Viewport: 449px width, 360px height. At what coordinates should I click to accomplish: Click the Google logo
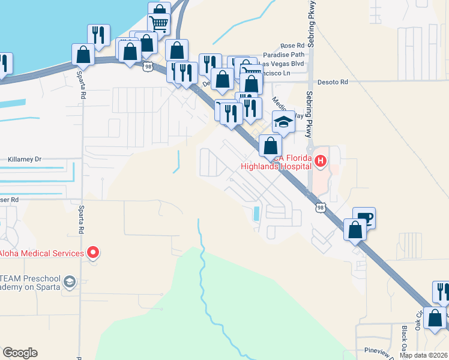[x=20, y=353]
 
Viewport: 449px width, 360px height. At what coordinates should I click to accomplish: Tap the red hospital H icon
[x=321, y=161]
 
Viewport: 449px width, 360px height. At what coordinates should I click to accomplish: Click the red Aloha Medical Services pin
[x=92, y=253]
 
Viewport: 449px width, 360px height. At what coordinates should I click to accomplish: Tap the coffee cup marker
[x=363, y=218]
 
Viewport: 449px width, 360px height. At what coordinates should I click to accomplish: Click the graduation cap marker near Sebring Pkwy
[x=283, y=122]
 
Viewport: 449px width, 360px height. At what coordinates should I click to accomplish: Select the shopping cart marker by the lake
[x=159, y=24]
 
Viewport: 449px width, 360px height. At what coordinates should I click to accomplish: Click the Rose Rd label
[x=292, y=46]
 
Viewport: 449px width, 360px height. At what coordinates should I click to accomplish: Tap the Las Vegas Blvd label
[x=283, y=64]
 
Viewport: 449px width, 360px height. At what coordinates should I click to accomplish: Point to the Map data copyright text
[x=424, y=355]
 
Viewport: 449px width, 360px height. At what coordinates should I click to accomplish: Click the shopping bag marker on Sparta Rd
[x=83, y=55]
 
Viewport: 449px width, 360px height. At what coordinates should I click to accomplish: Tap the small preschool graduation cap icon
[x=70, y=281]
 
